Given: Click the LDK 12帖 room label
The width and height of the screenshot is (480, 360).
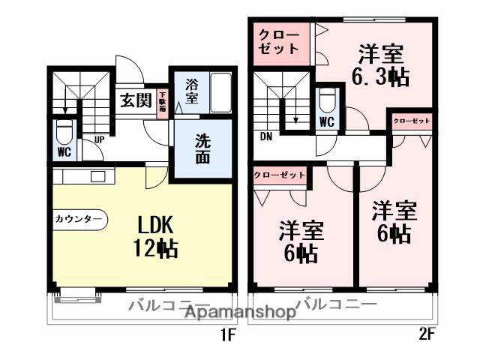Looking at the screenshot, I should click(x=155, y=236).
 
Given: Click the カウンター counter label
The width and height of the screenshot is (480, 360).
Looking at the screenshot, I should click(x=78, y=220).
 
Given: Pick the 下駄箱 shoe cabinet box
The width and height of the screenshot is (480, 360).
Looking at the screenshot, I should click(x=162, y=101).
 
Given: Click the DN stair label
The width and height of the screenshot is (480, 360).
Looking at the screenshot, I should click(x=266, y=137).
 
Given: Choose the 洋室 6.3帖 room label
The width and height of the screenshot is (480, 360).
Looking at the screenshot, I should click(x=380, y=64).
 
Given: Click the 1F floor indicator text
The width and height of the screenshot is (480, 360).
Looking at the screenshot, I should click(x=226, y=337).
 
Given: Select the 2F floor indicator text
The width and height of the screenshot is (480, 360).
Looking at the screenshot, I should click(x=427, y=337).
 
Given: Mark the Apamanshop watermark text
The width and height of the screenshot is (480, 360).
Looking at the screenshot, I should click(x=238, y=313).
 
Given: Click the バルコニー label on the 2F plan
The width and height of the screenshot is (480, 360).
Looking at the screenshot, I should click(x=337, y=304).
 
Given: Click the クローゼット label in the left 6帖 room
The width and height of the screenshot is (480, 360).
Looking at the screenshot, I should click(x=280, y=175).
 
